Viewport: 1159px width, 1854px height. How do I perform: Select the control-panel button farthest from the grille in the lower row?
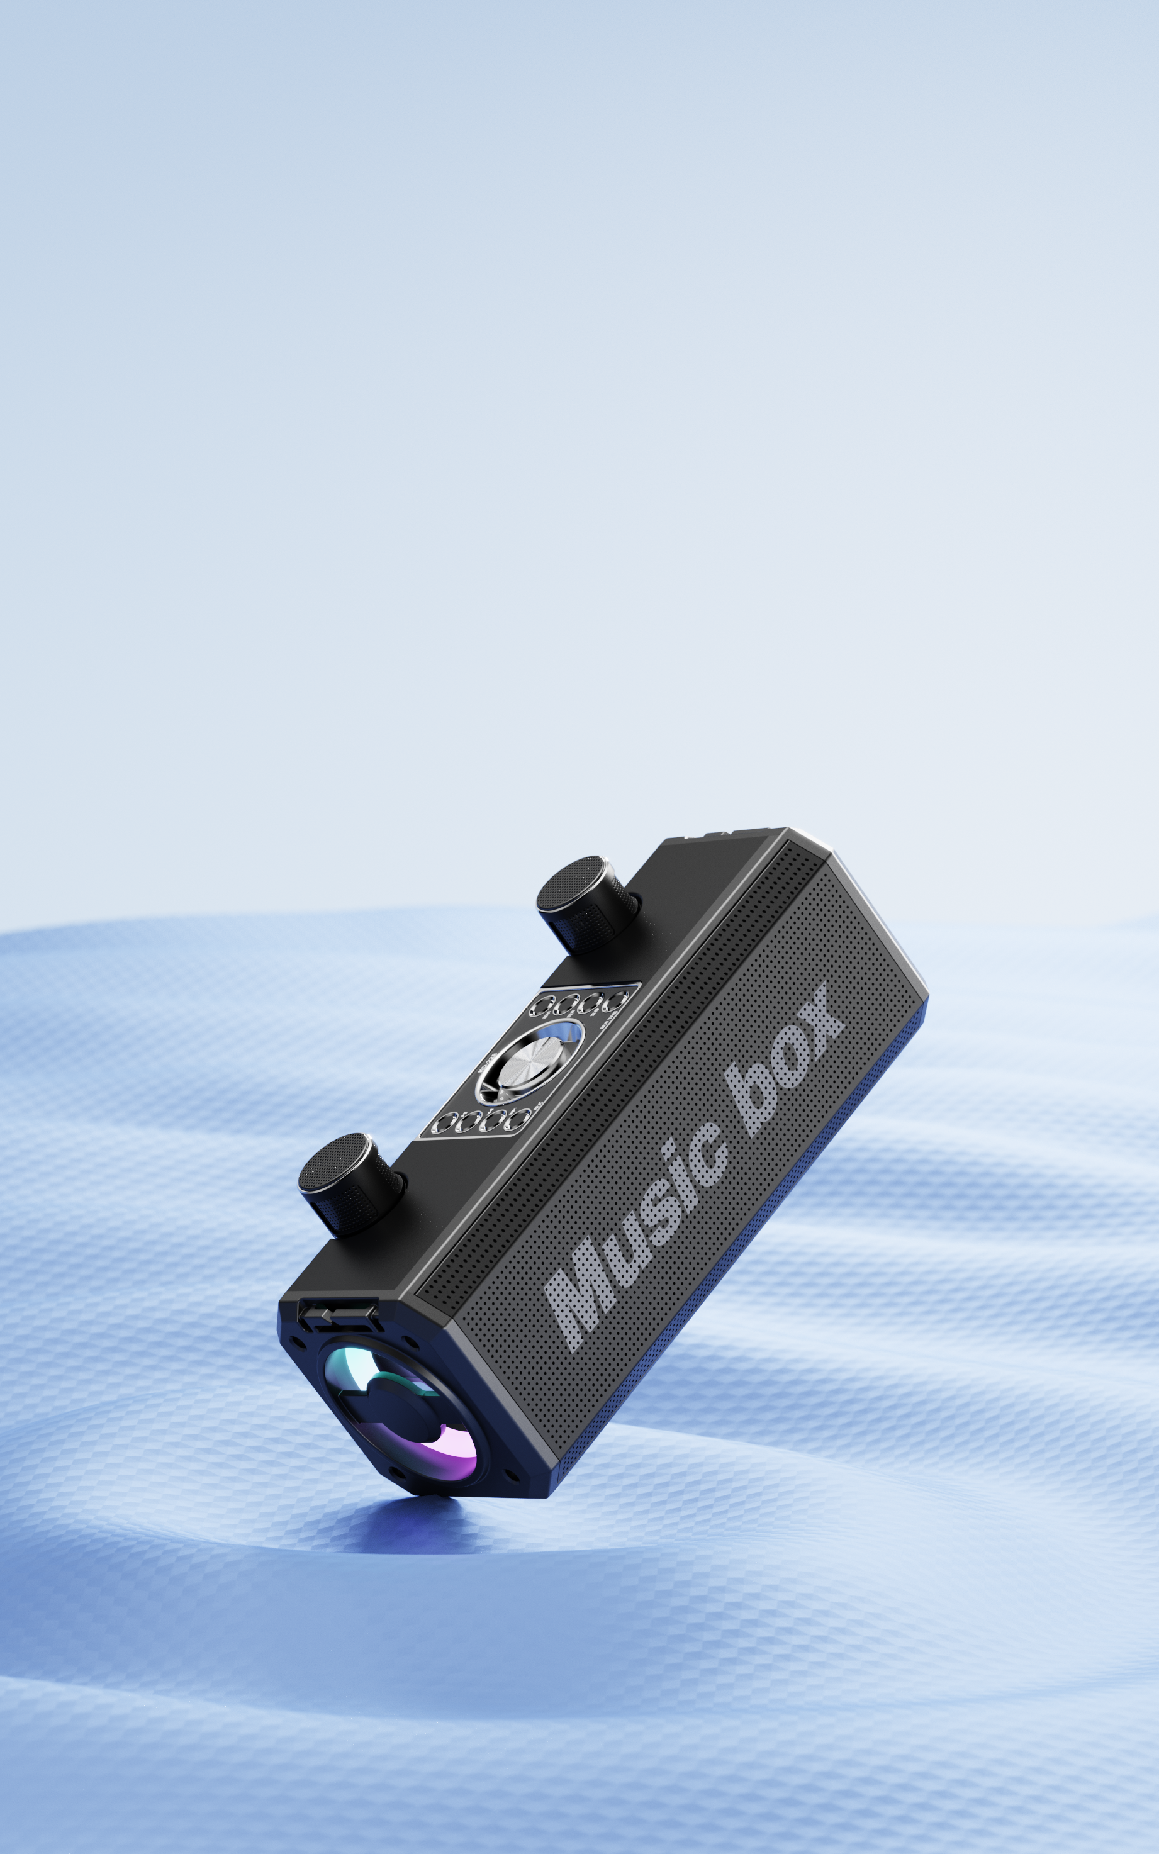tap(444, 1125)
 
